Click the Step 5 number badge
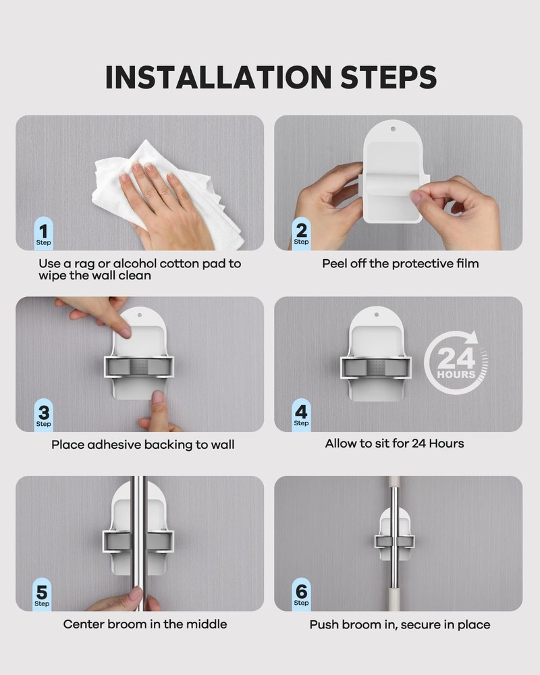(x=43, y=595)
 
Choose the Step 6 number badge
(x=301, y=595)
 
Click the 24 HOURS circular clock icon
(x=456, y=364)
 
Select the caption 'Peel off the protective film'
(x=400, y=263)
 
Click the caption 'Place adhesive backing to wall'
(x=143, y=444)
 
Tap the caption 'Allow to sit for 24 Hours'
(x=394, y=443)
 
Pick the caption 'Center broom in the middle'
(x=145, y=624)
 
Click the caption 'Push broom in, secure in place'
(x=400, y=624)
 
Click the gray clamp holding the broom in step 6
(x=394, y=540)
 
